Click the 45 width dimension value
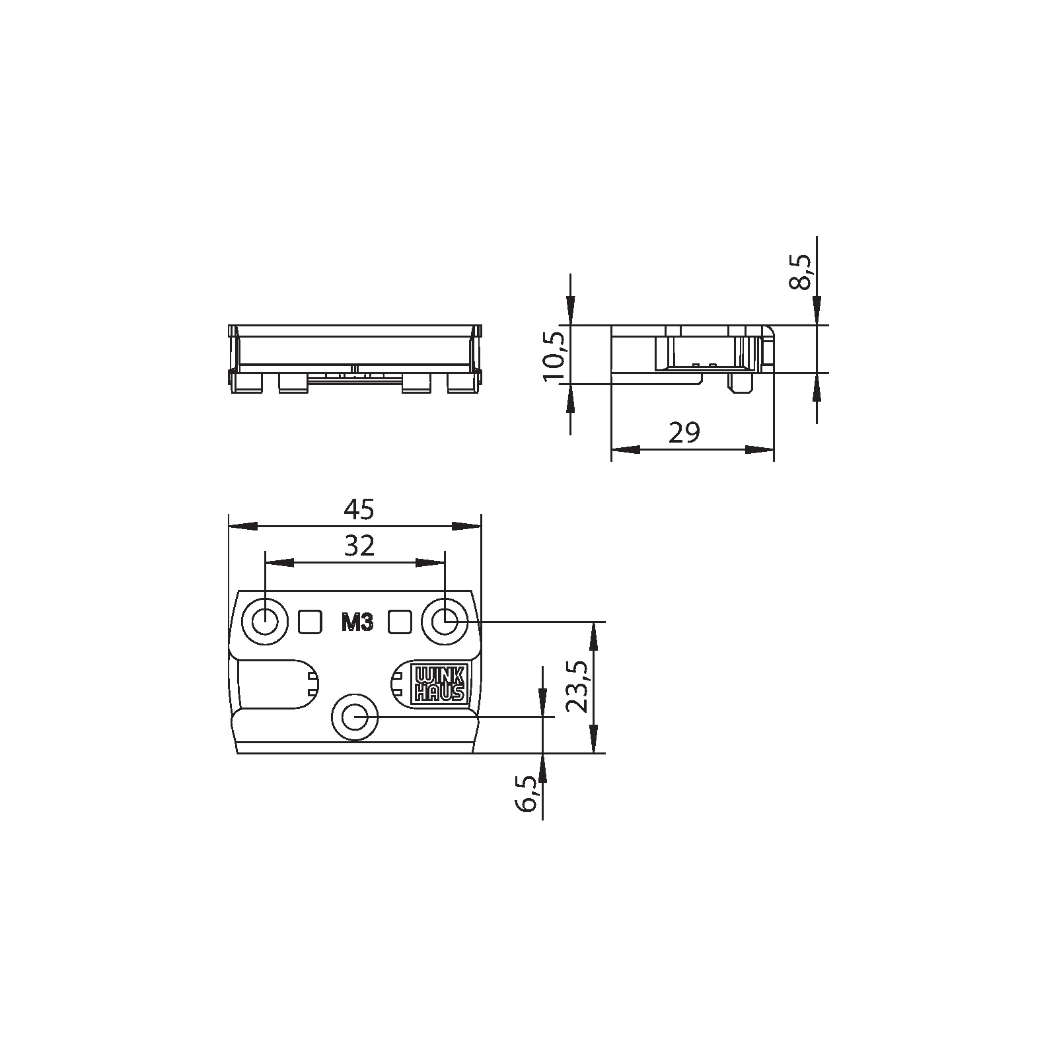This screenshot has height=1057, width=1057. pos(359,510)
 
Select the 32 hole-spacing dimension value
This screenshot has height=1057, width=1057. pos(359,546)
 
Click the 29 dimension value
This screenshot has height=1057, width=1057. pos(684,433)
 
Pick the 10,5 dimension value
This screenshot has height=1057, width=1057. pos(554,356)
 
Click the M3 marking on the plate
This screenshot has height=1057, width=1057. pos(357,622)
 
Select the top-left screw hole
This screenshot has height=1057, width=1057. pos(265,622)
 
